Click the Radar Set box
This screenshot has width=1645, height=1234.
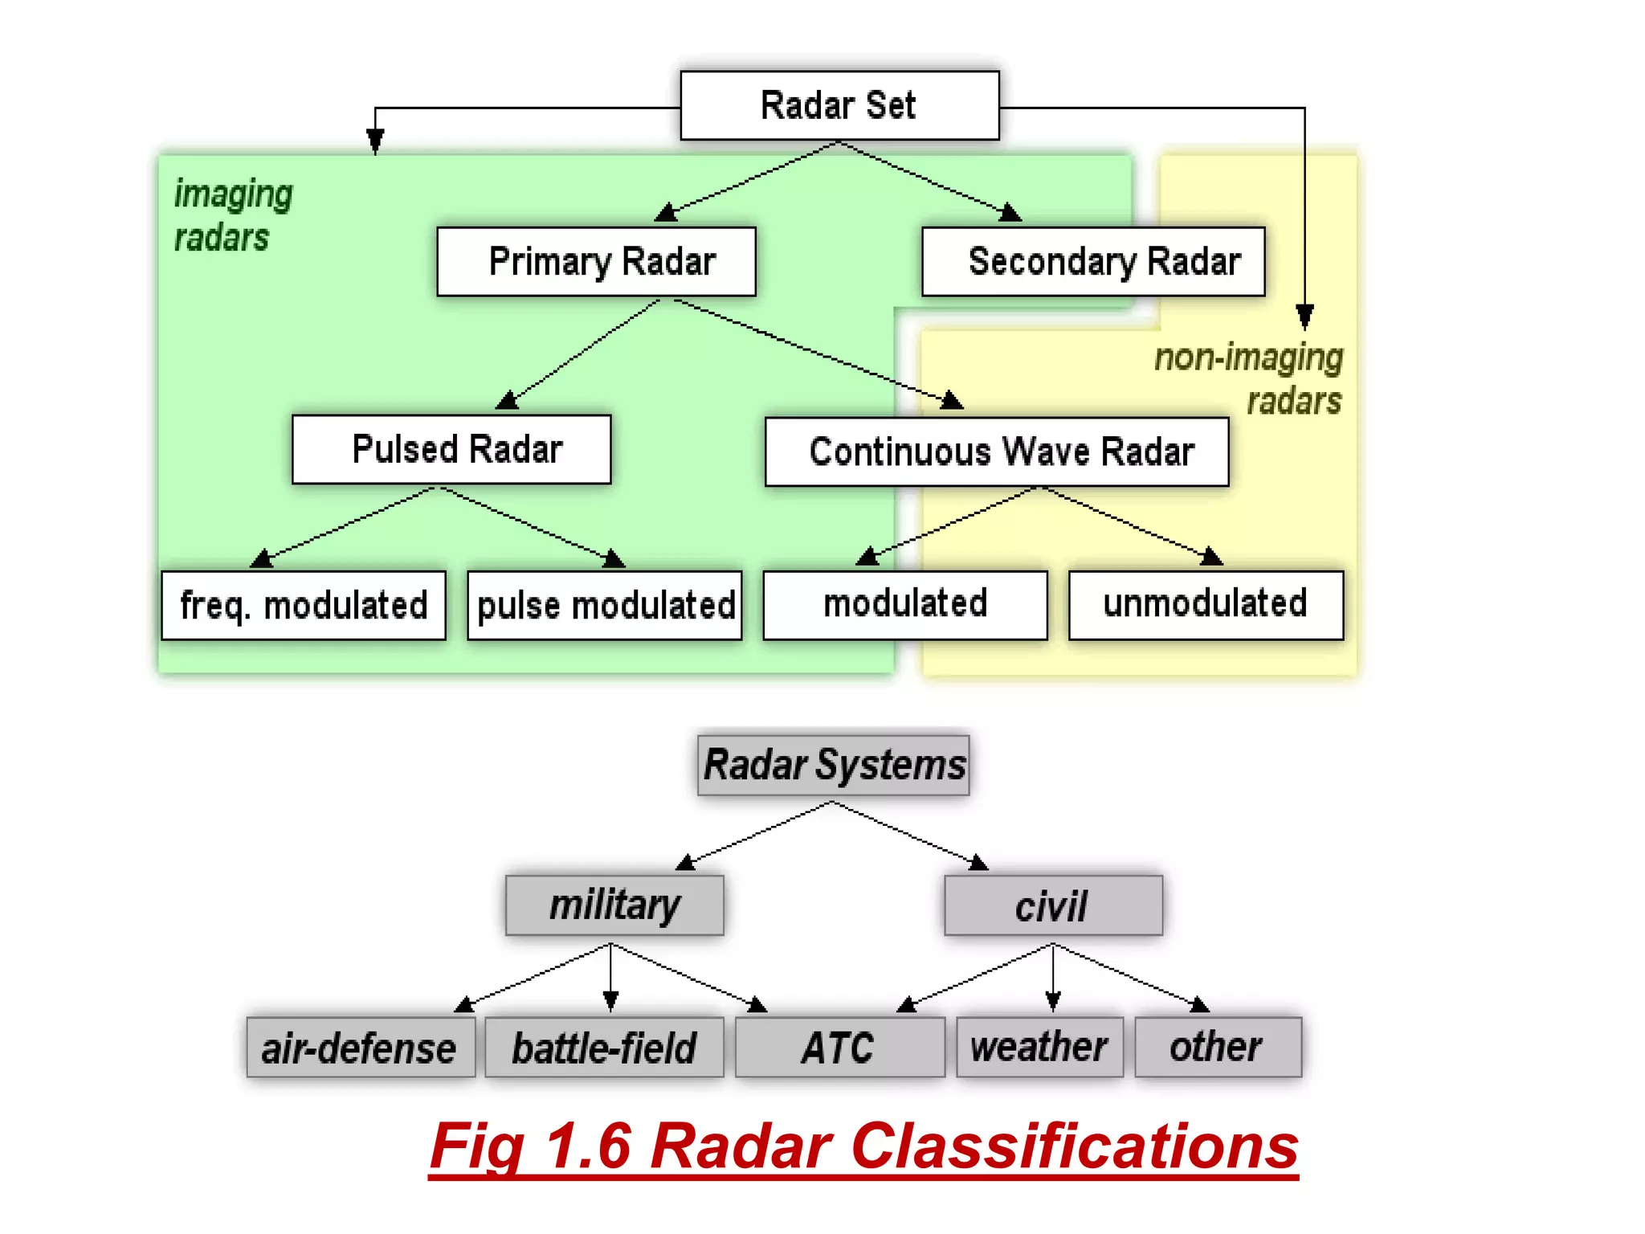tap(839, 105)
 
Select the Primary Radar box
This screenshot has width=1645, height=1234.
tap(596, 262)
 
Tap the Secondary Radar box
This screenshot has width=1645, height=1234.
tap(1093, 262)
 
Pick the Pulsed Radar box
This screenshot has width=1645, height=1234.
tap(451, 449)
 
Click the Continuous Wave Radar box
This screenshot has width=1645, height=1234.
tap(997, 452)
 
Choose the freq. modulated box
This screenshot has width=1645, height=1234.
tap(304, 606)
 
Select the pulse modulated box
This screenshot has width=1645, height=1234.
tap(605, 606)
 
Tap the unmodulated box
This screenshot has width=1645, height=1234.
tap(1206, 605)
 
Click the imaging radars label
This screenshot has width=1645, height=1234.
tap(232, 215)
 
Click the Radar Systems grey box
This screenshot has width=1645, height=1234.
tap(834, 765)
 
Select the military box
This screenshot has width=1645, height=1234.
tap(614, 905)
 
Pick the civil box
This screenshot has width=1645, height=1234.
tap(1053, 906)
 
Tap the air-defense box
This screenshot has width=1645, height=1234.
tap(361, 1048)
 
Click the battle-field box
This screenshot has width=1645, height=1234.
tap(605, 1048)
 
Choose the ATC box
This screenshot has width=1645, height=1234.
tap(839, 1048)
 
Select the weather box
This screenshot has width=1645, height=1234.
tap(1039, 1047)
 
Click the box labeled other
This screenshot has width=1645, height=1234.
tap(1218, 1047)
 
